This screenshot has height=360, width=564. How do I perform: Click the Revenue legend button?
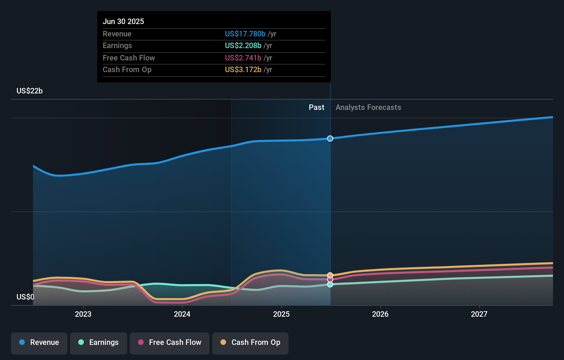point(39,342)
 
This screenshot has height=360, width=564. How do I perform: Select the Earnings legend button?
point(99,342)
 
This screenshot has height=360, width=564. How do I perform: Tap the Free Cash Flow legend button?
point(170,342)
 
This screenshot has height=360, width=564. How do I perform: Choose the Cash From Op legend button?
point(250,342)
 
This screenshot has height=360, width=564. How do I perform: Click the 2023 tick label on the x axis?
point(83,314)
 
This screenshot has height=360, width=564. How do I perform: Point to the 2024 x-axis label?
point(182,314)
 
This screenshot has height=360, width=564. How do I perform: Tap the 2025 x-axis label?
point(281,314)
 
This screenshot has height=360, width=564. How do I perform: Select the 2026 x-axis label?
point(380,314)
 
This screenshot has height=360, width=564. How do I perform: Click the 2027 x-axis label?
point(479,314)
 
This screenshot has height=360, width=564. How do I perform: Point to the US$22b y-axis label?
point(30,91)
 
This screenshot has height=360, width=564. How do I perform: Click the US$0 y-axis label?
point(25,297)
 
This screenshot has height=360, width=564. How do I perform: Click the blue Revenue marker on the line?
point(330,138)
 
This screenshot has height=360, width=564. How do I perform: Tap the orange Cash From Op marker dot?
point(330,275)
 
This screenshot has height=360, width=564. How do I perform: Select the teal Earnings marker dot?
point(330,284)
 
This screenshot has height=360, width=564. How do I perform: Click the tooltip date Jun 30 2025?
point(123,21)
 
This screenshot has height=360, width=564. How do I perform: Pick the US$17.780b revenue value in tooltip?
point(245,34)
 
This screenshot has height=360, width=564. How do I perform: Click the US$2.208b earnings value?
point(243,46)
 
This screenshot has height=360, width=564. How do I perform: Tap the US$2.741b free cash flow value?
point(243,58)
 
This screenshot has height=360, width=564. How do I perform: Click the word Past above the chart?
point(316,108)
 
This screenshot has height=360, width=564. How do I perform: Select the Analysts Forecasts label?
point(368,108)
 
